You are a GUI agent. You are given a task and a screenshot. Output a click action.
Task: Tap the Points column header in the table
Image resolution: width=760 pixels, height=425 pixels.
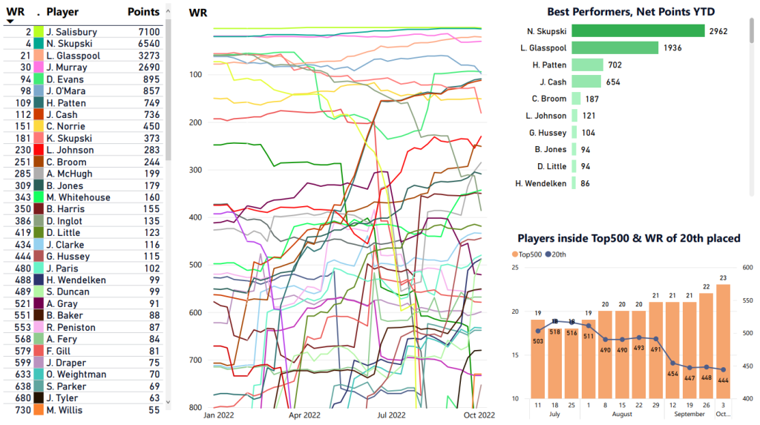(143, 12)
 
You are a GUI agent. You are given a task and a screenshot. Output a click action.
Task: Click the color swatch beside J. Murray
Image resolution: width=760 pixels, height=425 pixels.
(39, 67)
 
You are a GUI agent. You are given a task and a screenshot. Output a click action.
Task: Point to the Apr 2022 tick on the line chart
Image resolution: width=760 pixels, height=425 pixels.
(304, 415)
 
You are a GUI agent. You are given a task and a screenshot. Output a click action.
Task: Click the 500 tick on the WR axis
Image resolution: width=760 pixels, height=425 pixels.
(196, 265)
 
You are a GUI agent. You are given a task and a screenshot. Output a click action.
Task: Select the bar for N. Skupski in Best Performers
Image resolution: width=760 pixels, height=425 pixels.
(638, 31)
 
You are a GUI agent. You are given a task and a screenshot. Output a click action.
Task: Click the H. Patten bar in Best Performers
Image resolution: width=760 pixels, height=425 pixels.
(586, 65)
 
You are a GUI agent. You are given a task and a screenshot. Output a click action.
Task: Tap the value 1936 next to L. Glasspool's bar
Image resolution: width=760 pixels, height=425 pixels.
(674, 48)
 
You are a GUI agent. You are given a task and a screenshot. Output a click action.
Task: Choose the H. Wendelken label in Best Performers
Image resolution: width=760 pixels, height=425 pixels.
(546, 183)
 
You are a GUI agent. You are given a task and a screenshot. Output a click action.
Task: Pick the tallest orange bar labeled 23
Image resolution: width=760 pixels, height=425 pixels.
(724, 341)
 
